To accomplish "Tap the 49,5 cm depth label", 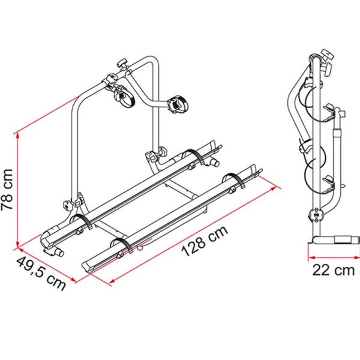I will tap(40, 274).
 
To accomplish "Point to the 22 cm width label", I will tap(333, 271).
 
